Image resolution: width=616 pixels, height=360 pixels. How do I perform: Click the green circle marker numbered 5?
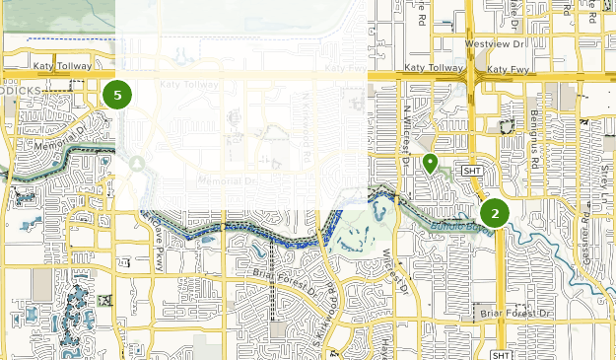117,96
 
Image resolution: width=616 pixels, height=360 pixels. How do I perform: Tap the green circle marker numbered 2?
495,213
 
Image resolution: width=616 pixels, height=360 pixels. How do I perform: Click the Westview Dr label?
497,44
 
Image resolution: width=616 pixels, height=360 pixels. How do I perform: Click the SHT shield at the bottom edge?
501,355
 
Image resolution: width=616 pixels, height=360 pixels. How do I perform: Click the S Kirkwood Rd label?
321,330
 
